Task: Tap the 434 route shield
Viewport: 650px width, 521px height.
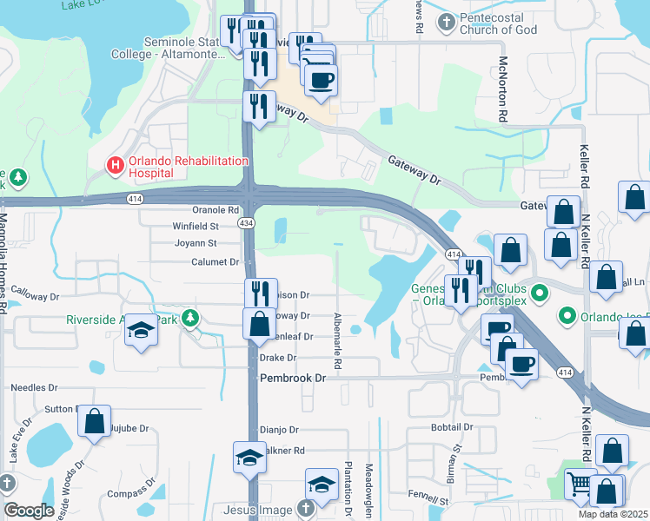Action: (248, 223)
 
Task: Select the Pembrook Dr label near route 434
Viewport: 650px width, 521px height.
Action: (293, 378)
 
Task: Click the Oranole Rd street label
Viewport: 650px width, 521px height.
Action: (216, 210)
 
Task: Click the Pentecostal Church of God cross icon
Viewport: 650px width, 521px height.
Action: (447, 22)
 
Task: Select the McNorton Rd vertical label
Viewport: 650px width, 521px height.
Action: (502, 88)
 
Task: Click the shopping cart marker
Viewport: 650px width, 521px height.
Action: (579, 483)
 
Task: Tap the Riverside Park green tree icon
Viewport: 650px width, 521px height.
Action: (189, 320)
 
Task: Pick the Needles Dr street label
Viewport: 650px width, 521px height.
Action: (35, 388)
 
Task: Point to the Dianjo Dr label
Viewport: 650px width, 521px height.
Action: (279, 430)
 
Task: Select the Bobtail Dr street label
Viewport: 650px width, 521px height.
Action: (451, 427)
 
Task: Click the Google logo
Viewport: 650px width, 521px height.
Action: (29, 511)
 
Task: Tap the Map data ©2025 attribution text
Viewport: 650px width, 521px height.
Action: (613, 514)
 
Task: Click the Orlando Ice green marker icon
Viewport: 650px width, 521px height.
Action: (568, 314)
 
